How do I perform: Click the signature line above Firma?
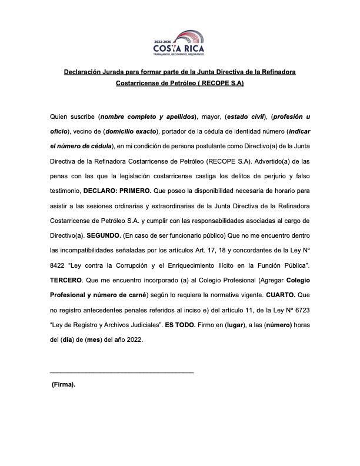(122, 372)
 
